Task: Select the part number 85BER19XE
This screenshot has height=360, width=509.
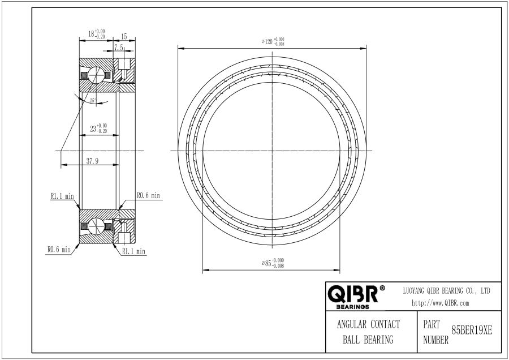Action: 472,331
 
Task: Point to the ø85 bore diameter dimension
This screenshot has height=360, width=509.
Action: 273,263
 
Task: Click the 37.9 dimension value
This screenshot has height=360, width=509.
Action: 93,161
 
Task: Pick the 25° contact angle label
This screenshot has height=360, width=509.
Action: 93,101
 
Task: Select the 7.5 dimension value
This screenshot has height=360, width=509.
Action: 119,48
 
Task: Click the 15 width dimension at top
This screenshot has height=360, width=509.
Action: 124,36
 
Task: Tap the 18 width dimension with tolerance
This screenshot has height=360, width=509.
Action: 96,34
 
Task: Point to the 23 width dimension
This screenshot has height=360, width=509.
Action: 98,128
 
